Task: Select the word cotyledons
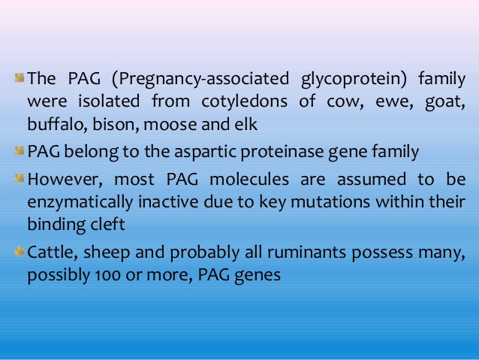pos(245,101)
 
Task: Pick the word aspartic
pos(205,151)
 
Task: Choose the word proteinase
pos(282,151)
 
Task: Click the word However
pos(65,179)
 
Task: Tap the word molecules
pos(249,179)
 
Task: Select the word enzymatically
pos(80,202)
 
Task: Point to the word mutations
pos(330,202)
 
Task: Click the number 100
pos(108,275)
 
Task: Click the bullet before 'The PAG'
pos(20,77)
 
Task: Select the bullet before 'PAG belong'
pos(20,150)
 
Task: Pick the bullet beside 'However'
pos(20,178)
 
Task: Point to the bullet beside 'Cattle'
pos(20,252)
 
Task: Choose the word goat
pos(445,102)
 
